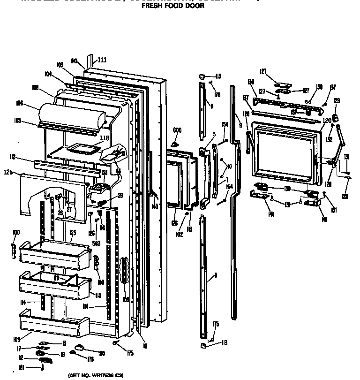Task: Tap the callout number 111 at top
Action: [102, 60]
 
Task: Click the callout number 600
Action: [177, 130]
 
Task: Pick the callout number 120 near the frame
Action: [326, 120]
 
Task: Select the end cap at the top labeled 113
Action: [201, 76]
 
